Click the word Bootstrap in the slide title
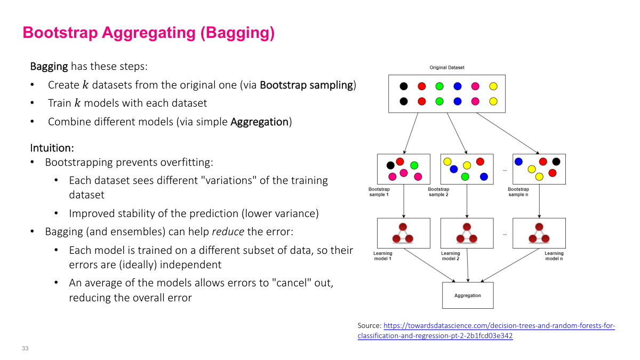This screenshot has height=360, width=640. [x=60, y=33]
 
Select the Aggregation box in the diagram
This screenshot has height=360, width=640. [x=468, y=295]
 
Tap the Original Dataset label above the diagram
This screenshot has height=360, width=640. [x=447, y=68]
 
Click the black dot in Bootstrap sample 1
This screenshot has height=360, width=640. [x=390, y=165]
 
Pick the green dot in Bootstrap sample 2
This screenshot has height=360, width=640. [x=465, y=177]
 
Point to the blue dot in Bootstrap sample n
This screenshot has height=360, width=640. [x=518, y=161]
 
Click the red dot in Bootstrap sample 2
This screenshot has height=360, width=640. [x=480, y=162]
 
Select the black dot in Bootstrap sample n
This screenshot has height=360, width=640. [x=556, y=162]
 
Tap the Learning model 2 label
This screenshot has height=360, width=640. [x=450, y=256]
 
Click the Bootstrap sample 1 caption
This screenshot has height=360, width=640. [x=379, y=192]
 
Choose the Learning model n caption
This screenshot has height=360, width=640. [x=554, y=256]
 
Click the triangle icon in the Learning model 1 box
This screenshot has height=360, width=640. [x=403, y=234]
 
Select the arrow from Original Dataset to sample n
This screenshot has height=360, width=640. [x=507, y=133]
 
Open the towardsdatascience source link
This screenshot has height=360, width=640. [x=499, y=326]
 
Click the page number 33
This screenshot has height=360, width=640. [x=25, y=348]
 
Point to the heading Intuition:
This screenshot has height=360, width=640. [x=52, y=147]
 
